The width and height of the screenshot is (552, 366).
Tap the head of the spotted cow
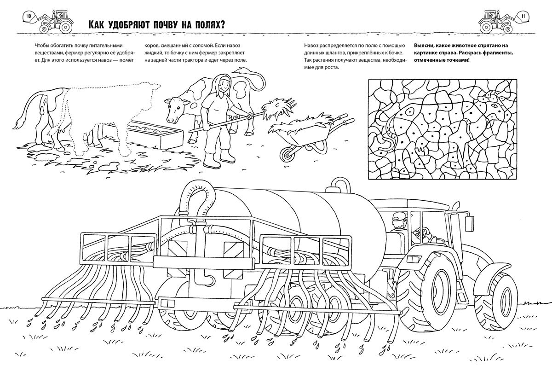pos(174,109)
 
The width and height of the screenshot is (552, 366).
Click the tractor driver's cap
pos(398,217)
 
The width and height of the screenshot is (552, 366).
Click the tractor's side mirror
pos(470,224)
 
